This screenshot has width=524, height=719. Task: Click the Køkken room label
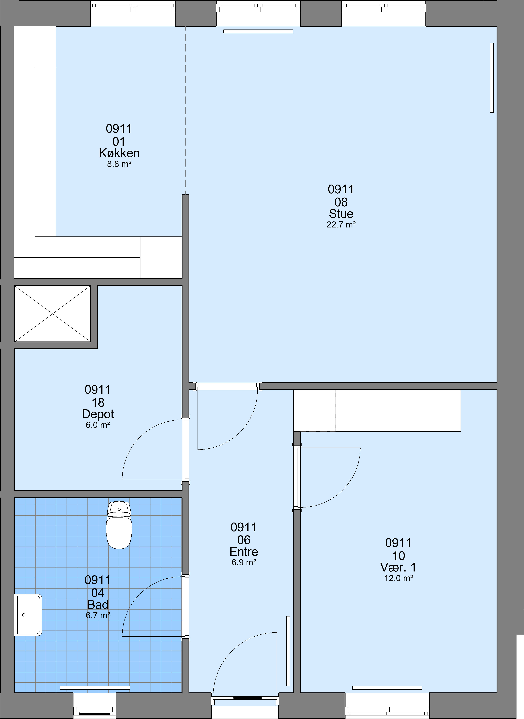click(x=119, y=153)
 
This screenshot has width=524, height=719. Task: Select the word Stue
click(x=341, y=214)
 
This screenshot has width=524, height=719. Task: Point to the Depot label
click(x=98, y=414)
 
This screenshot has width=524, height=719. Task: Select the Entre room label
click(x=244, y=552)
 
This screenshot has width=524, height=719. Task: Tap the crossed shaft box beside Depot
click(x=52, y=314)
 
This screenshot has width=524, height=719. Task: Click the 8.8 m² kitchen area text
click(x=119, y=164)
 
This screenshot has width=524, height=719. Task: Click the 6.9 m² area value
click(x=244, y=563)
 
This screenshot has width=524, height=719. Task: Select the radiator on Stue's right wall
click(x=492, y=78)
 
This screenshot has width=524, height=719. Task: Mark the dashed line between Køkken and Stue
click(x=186, y=110)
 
